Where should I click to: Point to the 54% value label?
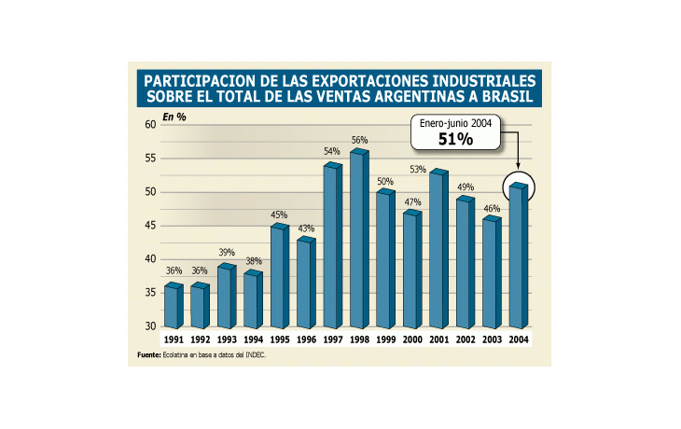[331, 151]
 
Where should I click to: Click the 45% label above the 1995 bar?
[279, 214]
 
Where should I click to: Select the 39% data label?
[227, 253]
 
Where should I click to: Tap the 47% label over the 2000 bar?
[411, 201]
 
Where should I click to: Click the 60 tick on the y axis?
[149, 125]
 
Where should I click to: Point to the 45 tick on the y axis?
[149, 226]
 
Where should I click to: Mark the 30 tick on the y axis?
[149, 326]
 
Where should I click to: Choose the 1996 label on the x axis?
[306, 340]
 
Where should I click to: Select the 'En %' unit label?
[174, 117]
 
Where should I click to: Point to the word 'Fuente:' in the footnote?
[149, 356]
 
